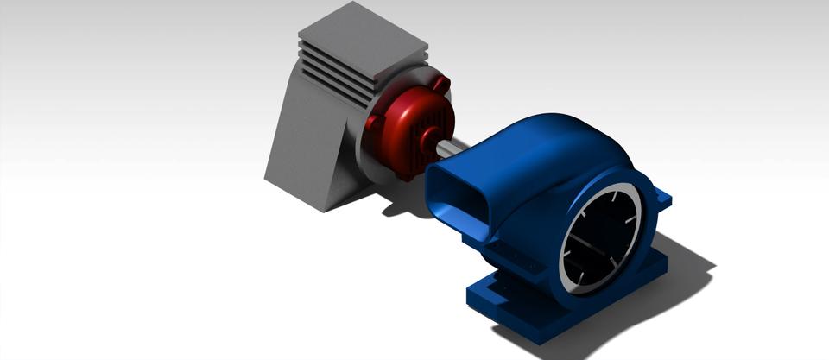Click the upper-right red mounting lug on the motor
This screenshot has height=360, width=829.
442,85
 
